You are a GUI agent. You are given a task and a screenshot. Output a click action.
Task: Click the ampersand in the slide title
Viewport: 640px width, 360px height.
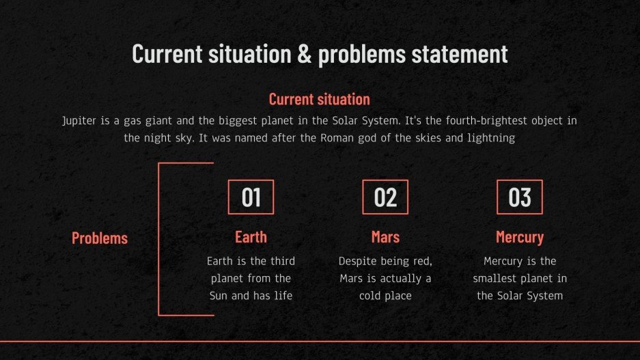pyautogui.click(x=304, y=54)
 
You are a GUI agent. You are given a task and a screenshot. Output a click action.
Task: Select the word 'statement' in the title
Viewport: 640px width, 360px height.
pyautogui.click(x=460, y=54)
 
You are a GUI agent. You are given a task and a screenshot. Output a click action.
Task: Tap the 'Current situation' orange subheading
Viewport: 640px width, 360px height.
pyautogui.click(x=320, y=99)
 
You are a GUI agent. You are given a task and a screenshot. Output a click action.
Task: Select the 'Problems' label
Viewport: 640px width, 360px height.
pyautogui.click(x=100, y=238)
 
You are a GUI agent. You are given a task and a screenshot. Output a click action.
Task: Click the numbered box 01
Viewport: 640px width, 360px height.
pyautogui.click(x=251, y=197)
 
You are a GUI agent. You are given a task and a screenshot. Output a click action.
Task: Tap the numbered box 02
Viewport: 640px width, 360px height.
pyautogui.click(x=385, y=197)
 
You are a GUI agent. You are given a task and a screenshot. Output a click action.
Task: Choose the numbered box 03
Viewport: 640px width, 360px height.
pyautogui.click(x=520, y=197)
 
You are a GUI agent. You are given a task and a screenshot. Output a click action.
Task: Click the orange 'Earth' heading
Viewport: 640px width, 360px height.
pyautogui.click(x=251, y=237)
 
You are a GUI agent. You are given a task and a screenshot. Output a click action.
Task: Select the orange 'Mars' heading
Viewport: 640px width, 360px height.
pyautogui.click(x=385, y=237)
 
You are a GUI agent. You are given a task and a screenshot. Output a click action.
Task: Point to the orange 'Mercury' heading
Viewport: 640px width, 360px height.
pyautogui.click(x=520, y=238)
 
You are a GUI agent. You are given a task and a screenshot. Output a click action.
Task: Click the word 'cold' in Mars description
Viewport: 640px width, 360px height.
pyautogui.click(x=370, y=296)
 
